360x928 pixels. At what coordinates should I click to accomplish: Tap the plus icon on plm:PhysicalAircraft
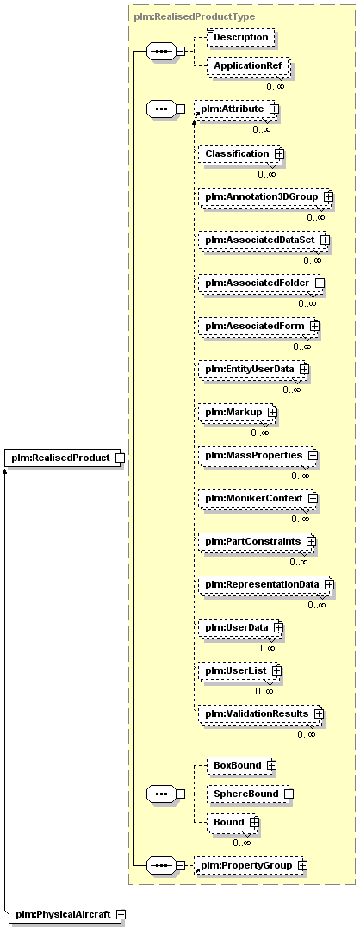pyautogui.click(x=121, y=914)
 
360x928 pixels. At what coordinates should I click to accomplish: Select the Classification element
pyautogui.click(x=241, y=153)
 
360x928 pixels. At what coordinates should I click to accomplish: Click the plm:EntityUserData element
pyautogui.click(x=254, y=370)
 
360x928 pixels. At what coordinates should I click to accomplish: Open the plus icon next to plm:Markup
pyautogui.click(x=272, y=411)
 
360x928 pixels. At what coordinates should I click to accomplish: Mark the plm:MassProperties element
pyautogui.click(x=258, y=455)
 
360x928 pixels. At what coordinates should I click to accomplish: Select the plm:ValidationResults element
pyautogui.click(x=261, y=713)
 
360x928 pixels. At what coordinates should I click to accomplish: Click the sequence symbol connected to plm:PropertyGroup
pyautogui.click(x=160, y=865)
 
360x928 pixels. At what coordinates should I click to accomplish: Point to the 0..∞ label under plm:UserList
pyautogui.click(x=264, y=691)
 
